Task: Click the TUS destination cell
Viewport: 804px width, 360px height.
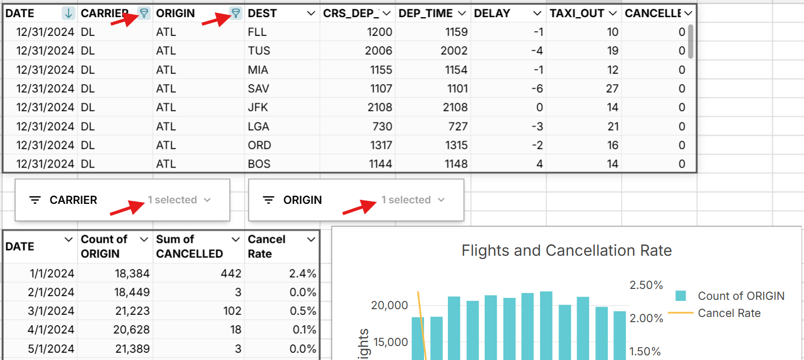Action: click(x=259, y=51)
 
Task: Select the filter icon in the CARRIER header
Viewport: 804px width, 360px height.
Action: click(x=144, y=13)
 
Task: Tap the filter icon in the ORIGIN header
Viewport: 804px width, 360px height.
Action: click(x=236, y=13)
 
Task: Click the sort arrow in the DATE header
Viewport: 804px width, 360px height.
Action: click(x=68, y=13)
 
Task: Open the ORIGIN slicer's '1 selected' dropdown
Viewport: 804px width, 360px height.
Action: click(x=413, y=200)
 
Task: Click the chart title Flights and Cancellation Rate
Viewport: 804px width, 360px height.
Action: click(x=566, y=251)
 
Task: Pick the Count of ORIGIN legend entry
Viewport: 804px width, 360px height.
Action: click(x=741, y=296)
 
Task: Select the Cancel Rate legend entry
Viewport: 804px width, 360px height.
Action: click(x=729, y=313)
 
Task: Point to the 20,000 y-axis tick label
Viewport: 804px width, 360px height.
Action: click(x=389, y=306)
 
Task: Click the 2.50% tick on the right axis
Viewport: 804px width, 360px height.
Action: click(x=646, y=285)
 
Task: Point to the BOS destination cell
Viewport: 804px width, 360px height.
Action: click(x=259, y=164)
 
